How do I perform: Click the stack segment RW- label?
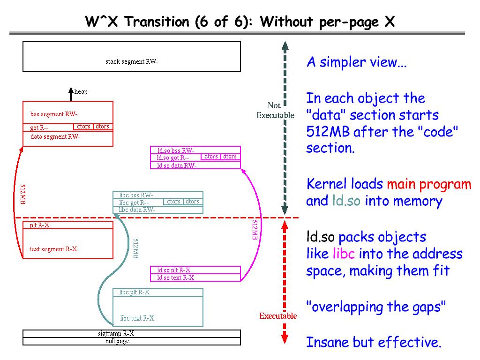[132, 61]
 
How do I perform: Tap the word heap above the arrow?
[81, 92]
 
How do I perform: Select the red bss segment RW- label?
[54, 114]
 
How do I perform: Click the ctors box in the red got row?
[83, 127]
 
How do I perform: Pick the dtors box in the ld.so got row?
[230, 157]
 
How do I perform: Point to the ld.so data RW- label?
[177, 165]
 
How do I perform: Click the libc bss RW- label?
[136, 195]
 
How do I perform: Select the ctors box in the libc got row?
[173, 202]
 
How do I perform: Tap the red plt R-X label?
[40, 225]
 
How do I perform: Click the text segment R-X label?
[53, 249]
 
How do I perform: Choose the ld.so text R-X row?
[175, 277]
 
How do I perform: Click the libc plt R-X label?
[135, 292]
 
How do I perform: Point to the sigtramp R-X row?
[116, 334]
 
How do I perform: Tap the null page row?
[117, 341]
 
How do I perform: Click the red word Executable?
[278, 316]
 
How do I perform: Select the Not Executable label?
[275, 110]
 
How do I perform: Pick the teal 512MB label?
[135, 249]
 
